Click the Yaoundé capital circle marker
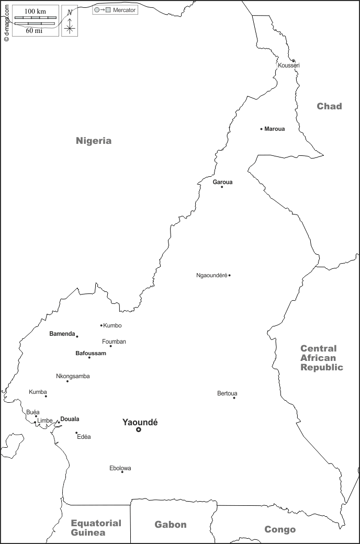point(139,430)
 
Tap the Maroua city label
point(275,129)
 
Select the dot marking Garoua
point(222,187)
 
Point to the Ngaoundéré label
point(211,275)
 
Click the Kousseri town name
point(289,65)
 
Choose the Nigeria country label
point(94,140)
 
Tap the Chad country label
point(329,106)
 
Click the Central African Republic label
point(321,358)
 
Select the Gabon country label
point(170,525)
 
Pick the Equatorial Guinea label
point(96,528)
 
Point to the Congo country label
point(280,529)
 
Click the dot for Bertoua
point(234,398)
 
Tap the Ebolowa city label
point(120,468)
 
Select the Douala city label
point(70,419)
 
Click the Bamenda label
point(62,334)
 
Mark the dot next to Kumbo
point(102,325)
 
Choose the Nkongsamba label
point(73,376)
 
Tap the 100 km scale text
point(35,11)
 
